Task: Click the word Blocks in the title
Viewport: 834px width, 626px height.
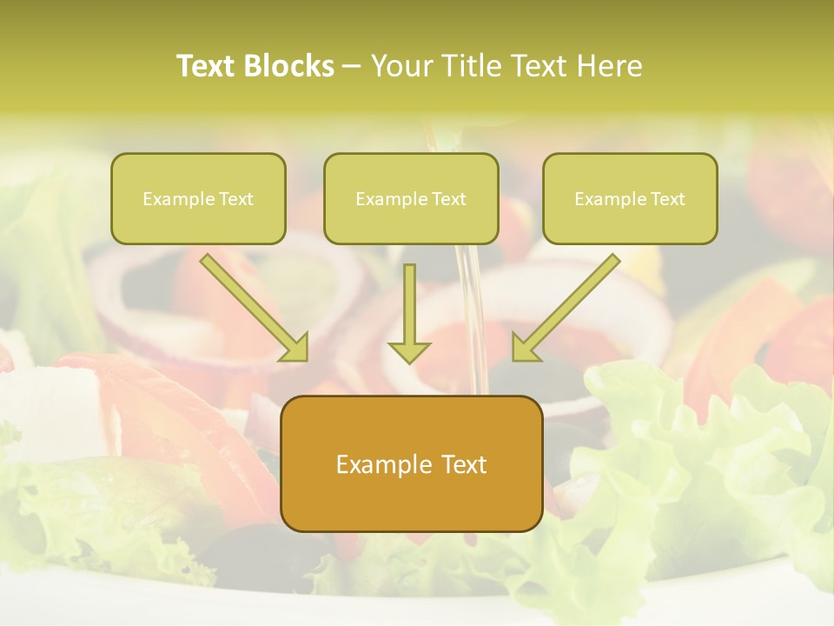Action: pos(288,66)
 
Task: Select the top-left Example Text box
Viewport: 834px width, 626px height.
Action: pos(198,198)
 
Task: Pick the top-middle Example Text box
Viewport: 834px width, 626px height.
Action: pos(411,198)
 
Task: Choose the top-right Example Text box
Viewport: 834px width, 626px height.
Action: pos(630,198)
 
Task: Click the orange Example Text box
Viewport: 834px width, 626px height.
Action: pos(411,463)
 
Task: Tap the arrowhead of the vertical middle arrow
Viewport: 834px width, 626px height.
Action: pos(409,351)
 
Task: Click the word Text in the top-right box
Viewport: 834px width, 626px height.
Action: pos(667,198)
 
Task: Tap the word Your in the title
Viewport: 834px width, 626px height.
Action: pos(399,66)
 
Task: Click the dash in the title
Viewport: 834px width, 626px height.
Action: pos(352,66)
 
